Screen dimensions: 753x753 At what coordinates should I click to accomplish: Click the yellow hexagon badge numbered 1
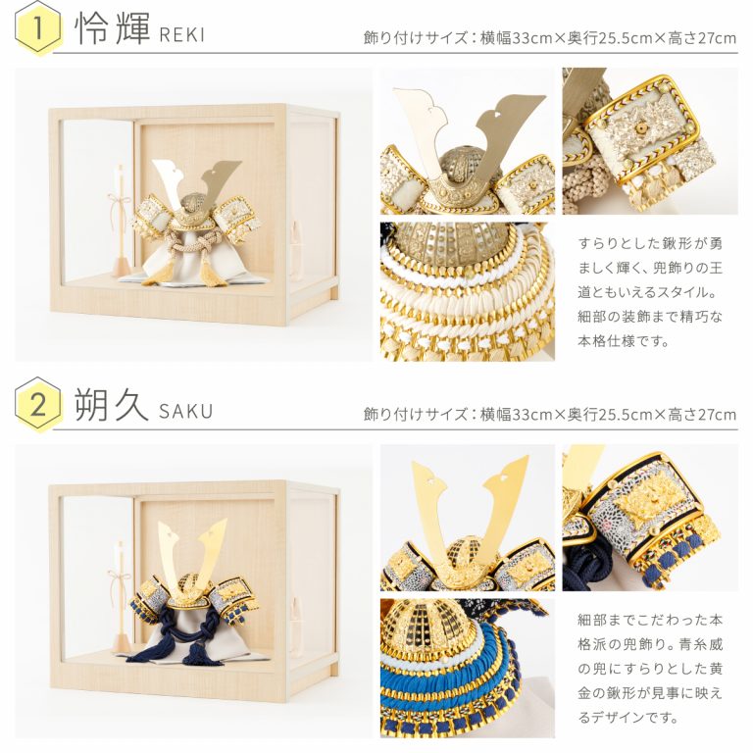38,27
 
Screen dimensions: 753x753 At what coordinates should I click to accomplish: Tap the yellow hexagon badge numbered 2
38,404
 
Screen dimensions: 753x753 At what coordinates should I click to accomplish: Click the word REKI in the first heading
182,35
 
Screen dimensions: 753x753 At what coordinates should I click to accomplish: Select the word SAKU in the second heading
186,412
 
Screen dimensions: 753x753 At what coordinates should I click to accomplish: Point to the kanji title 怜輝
113,27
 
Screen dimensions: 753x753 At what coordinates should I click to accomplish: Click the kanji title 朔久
112,404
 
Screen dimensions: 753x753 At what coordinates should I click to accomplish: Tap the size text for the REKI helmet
550,38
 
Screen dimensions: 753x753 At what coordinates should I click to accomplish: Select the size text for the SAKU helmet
550,414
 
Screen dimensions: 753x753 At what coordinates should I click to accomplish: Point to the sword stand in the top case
121,221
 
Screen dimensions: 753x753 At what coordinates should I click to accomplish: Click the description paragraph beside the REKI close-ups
650,292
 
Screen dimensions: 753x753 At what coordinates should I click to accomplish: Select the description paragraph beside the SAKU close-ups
650,669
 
